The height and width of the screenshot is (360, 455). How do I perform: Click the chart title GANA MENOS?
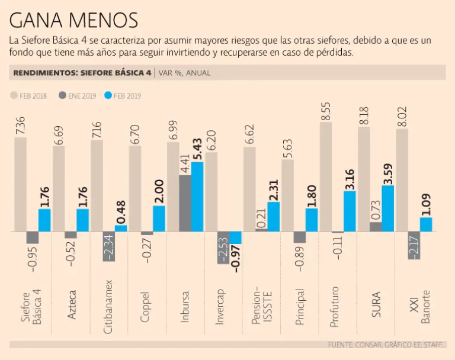click(73, 21)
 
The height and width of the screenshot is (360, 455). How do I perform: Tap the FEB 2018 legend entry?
click(30, 95)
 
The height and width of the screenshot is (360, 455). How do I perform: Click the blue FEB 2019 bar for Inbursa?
click(197, 197)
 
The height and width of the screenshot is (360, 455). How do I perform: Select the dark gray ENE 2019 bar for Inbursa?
click(185, 203)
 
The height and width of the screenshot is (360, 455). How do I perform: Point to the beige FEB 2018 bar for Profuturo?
click(325, 177)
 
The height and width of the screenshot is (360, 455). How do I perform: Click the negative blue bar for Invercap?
click(236, 237)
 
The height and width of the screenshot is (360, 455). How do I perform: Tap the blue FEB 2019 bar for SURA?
click(388, 208)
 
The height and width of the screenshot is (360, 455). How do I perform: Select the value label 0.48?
click(121, 210)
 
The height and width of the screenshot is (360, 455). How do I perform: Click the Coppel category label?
click(146, 306)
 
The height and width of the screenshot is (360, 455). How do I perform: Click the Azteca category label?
click(71, 306)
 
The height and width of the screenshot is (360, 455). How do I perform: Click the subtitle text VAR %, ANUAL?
click(185, 73)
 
